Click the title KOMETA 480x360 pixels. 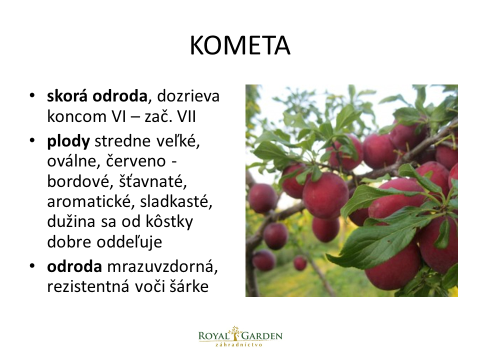(240, 45)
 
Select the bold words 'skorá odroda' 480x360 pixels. (97, 96)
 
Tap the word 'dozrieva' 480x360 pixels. (188, 96)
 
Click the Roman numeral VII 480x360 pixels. (186, 116)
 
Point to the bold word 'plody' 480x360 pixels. (68, 142)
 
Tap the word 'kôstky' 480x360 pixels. (169, 222)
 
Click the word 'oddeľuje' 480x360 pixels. (129, 242)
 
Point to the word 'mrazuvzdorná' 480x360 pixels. (162, 267)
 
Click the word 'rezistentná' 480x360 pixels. (88, 287)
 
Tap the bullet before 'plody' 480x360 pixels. (32, 141)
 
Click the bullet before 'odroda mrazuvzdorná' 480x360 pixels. (32, 266)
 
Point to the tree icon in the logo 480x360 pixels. (235, 333)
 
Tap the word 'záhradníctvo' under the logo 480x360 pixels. (239, 344)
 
